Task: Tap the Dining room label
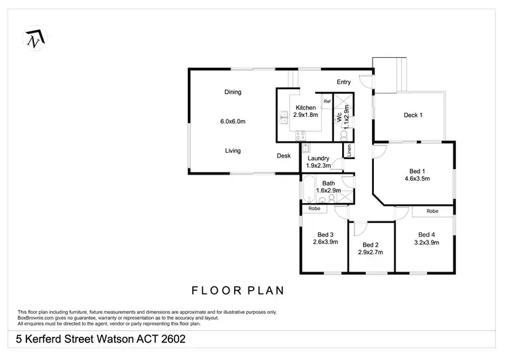click(x=233, y=92)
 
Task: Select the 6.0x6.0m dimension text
click(x=233, y=122)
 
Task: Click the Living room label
click(x=233, y=151)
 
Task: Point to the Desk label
click(x=284, y=156)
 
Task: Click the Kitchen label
click(x=305, y=108)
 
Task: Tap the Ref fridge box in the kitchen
click(x=326, y=102)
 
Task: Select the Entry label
click(x=344, y=82)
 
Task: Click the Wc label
click(x=339, y=117)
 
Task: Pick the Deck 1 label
click(x=413, y=115)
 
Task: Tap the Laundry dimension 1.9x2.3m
click(x=318, y=166)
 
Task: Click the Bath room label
click(x=328, y=183)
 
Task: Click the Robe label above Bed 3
click(x=314, y=209)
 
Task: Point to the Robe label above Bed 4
click(x=432, y=211)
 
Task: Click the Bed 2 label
click(x=371, y=245)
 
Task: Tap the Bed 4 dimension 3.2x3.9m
click(x=428, y=242)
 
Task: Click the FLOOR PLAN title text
click(x=237, y=291)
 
